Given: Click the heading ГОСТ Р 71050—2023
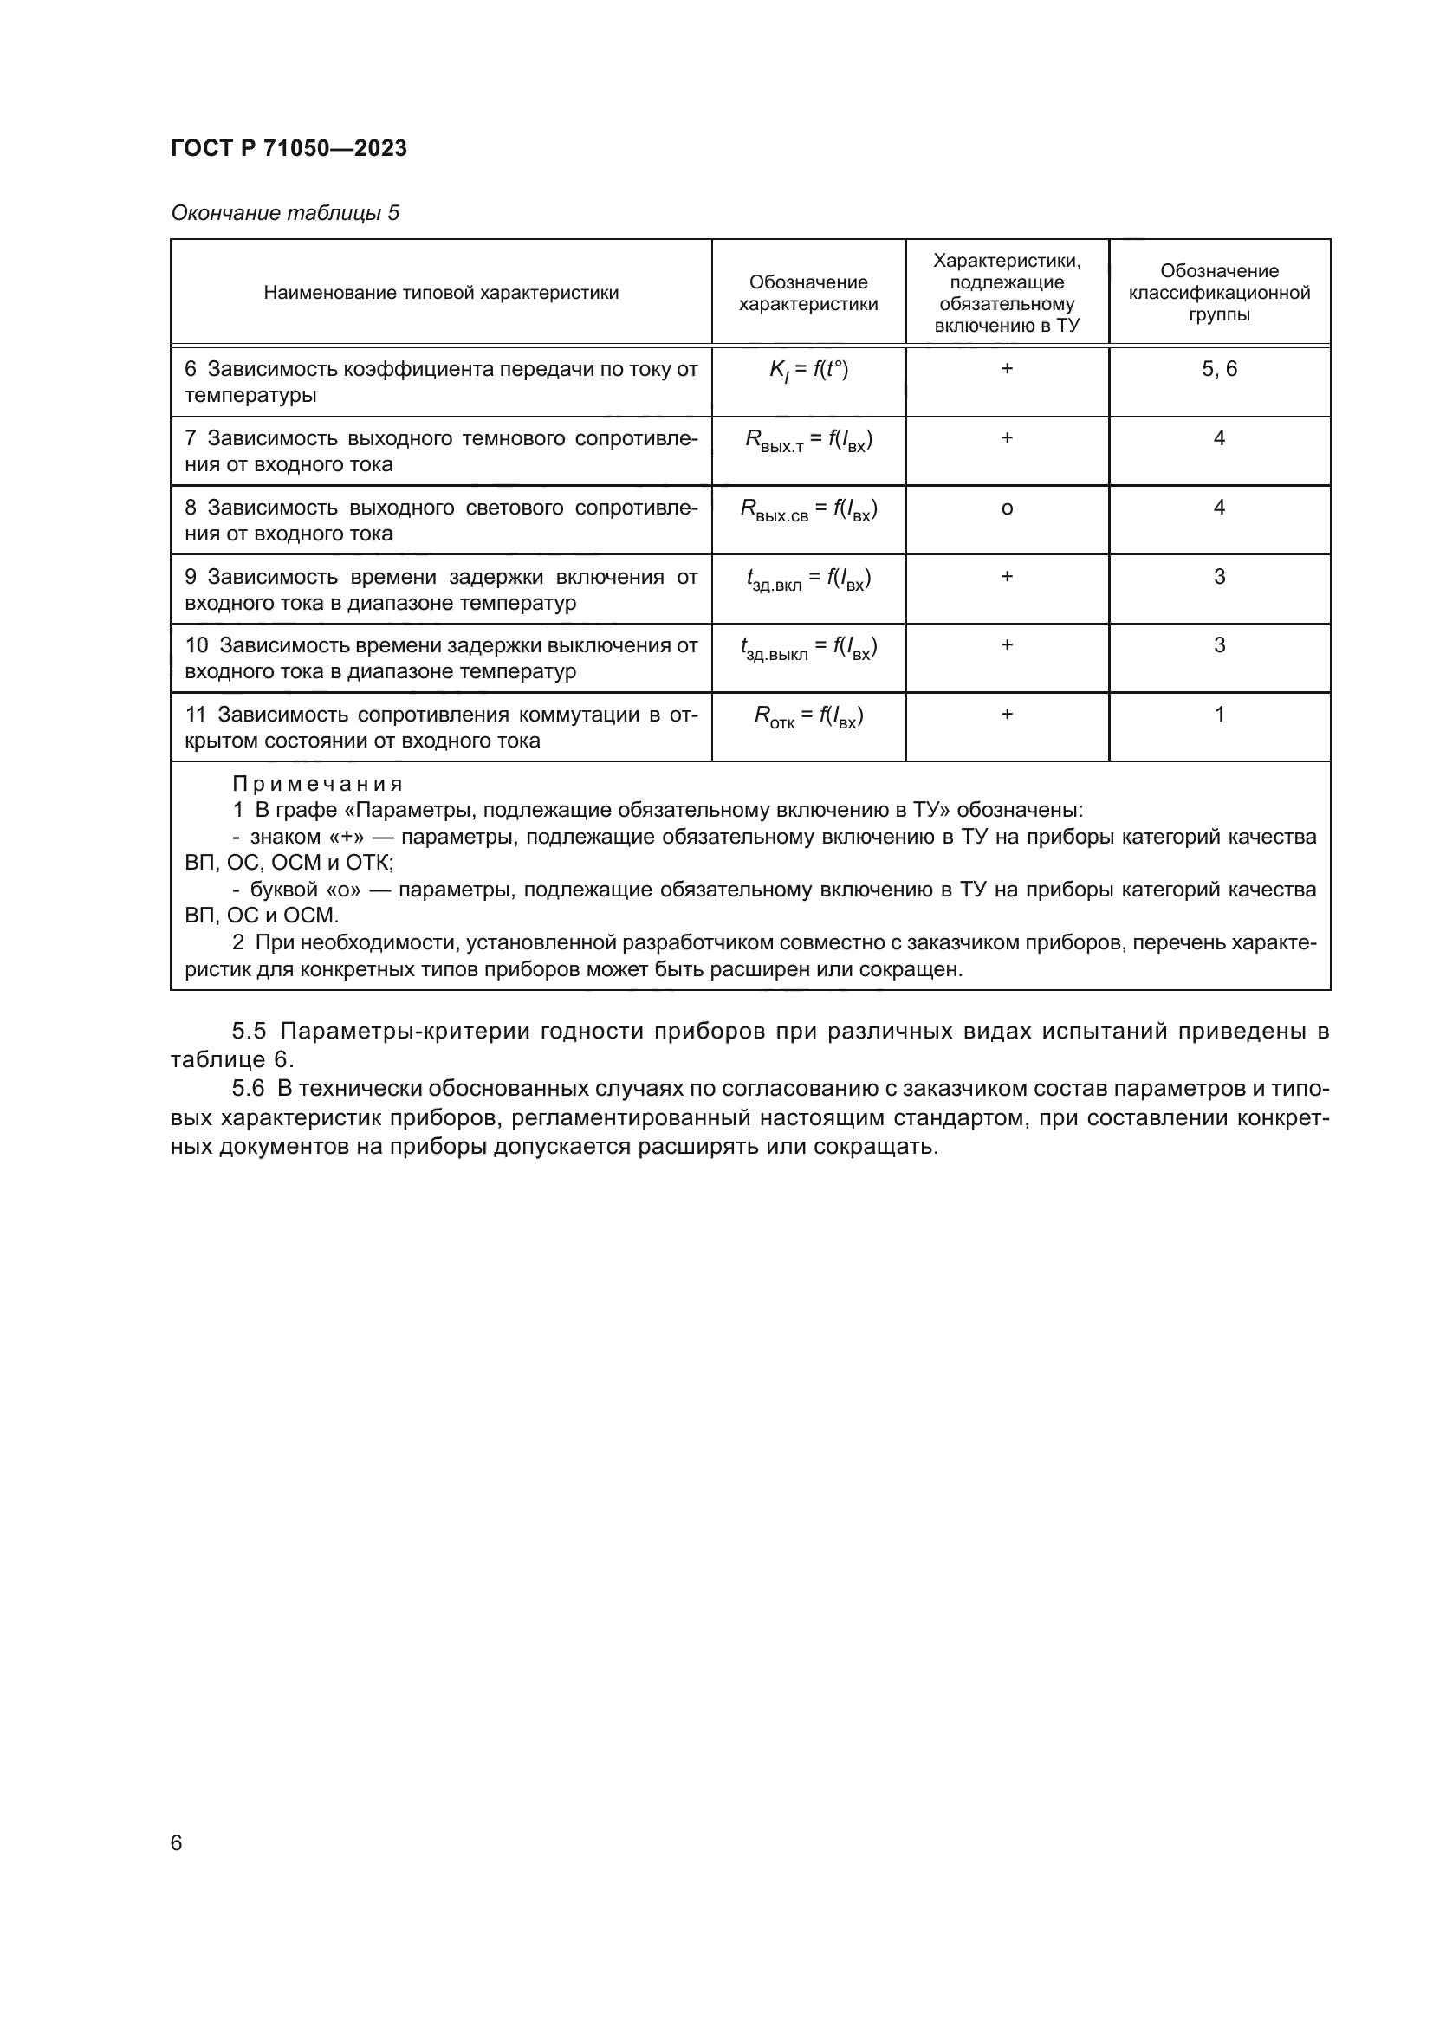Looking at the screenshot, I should point(289,148).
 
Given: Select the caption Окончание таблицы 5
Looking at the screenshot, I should point(285,214).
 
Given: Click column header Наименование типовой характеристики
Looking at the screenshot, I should point(441,293).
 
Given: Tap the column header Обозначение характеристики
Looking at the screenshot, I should point(808,293).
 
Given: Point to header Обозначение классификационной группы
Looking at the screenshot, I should point(1220,293).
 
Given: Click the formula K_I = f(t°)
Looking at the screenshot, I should point(808,370).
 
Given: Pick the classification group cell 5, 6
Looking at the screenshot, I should point(1220,369).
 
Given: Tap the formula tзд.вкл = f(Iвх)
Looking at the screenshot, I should point(808,579).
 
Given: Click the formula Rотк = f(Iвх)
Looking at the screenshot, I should point(808,716).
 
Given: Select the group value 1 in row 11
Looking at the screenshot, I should point(1220,714).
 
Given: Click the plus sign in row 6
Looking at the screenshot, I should point(1007,369).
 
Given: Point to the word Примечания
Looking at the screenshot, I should point(318,784).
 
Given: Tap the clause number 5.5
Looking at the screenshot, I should point(249,1031).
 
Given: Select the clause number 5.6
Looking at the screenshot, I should point(249,1089).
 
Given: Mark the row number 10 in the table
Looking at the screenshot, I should point(196,646).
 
